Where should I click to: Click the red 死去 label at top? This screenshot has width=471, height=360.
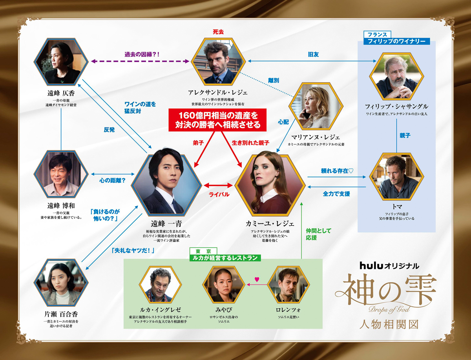click(218, 32)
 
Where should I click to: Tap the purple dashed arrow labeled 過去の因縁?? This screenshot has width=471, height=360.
click(140, 61)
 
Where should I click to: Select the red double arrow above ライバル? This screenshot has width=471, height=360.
click(218, 185)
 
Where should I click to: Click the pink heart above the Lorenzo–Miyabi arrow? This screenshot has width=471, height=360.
click(257, 279)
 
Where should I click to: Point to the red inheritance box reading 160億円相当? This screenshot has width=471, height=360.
click(217, 120)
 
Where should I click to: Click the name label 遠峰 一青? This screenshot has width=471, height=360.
click(166, 224)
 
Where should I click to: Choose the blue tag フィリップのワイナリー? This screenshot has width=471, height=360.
click(396, 41)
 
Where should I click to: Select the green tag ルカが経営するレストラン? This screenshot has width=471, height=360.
click(225, 258)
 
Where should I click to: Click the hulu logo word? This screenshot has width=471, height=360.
click(371, 266)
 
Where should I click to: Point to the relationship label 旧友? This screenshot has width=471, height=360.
click(313, 55)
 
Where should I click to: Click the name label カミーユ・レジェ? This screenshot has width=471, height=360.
click(270, 224)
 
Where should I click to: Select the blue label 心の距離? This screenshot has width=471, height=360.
click(112, 180)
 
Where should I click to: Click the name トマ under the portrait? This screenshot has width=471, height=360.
click(396, 207)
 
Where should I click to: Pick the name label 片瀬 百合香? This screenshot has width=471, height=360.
click(61, 315)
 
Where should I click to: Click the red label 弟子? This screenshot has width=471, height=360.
click(198, 143)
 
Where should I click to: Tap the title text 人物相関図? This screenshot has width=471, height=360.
click(389, 325)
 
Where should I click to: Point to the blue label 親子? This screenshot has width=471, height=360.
click(405, 136)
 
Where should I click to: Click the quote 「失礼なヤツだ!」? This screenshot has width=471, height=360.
click(133, 251)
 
